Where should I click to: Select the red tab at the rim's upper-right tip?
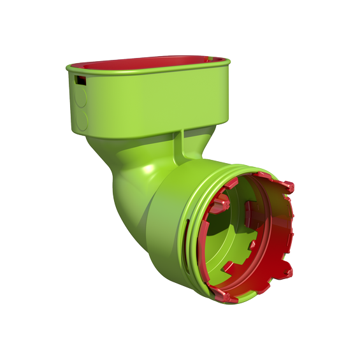point(289,187)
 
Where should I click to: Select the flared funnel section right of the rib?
point(201,143)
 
